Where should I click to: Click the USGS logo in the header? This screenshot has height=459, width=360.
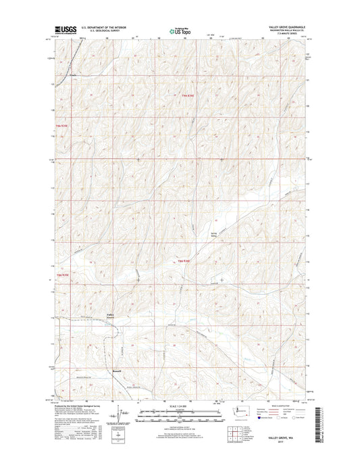coord(62,30)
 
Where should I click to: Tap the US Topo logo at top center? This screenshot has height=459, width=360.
coord(180,30)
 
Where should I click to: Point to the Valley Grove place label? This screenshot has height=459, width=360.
coord(111,315)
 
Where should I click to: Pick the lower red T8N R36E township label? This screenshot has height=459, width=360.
coord(186,261)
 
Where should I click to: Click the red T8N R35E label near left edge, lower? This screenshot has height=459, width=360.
coord(63,275)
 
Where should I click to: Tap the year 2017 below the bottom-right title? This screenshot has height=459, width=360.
coord(290,444)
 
